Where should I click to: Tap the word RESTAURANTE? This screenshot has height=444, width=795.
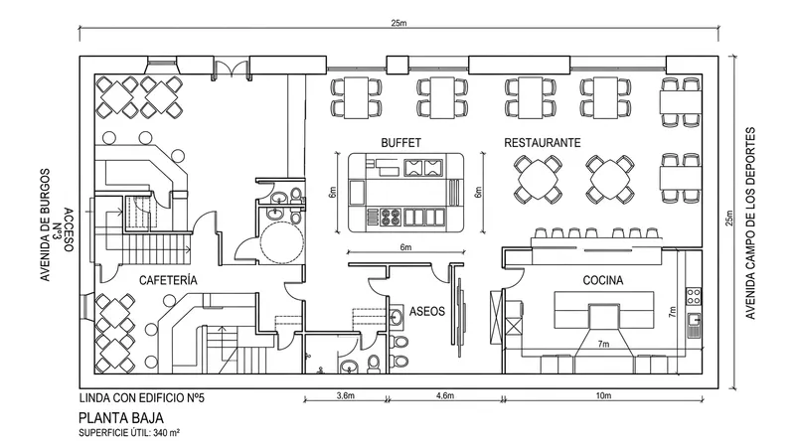(x=542, y=143)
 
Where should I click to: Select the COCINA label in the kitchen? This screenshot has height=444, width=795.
(x=602, y=281)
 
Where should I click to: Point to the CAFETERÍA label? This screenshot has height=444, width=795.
(x=168, y=281)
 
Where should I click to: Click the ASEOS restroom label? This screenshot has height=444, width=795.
(x=426, y=313)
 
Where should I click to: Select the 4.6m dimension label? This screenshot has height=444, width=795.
(x=444, y=396)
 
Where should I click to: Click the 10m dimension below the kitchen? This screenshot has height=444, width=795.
(x=602, y=396)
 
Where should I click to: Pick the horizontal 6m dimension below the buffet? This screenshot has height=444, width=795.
(x=404, y=246)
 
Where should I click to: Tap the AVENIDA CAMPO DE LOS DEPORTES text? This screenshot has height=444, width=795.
(x=752, y=223)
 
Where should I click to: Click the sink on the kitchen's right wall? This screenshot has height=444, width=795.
(x=693, y=318)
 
